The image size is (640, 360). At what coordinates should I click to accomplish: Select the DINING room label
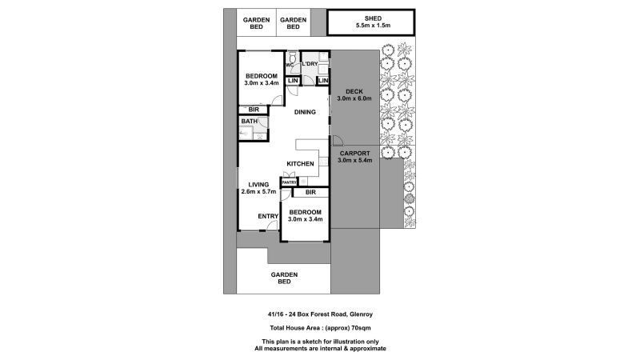point(305,112)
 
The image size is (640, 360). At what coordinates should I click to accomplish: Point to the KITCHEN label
point(300,164)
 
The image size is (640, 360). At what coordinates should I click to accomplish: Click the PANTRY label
point(288,182)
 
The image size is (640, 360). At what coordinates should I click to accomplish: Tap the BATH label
point(250,122)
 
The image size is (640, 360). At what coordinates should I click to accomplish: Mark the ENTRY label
point(267,216)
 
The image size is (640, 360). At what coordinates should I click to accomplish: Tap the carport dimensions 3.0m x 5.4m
point(354,161)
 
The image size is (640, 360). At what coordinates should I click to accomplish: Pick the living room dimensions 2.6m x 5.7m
point(258,192)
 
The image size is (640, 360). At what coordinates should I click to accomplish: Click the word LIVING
point(258,184)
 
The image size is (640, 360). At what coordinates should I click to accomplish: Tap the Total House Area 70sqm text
point(319,330)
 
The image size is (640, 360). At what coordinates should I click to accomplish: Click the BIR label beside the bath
point(254,109)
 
